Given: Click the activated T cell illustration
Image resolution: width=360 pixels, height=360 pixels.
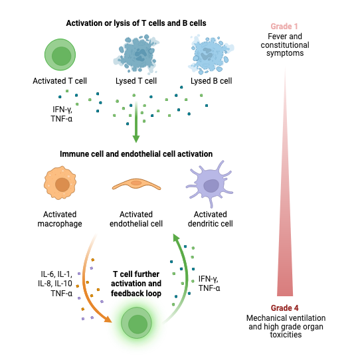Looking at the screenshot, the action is (x=60, y=54).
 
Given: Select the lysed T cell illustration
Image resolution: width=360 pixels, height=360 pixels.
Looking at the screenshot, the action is (x=136, y=54).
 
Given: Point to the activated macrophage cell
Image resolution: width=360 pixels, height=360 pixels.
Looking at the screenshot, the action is (x=60, y=183).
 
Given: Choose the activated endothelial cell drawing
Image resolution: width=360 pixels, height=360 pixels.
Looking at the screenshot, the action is (x=136, y=184).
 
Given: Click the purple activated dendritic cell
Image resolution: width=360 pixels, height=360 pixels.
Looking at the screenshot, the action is (x=210, y=184).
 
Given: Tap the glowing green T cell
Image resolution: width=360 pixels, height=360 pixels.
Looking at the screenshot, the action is (x=136, y=323).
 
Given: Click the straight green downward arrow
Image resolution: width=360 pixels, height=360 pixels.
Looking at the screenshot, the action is (x=136, y=122).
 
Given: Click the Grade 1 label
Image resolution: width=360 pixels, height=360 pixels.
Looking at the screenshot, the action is (x=284, y=27).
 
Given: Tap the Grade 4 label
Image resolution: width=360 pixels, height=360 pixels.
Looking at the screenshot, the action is (x=285, y=308).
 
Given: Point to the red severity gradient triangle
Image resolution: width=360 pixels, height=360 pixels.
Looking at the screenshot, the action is (x=285, y=207).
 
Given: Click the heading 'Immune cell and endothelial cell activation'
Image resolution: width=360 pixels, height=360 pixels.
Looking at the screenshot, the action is (x=136, y=154).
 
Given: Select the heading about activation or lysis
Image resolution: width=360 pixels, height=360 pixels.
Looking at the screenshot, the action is (x=136, y=23).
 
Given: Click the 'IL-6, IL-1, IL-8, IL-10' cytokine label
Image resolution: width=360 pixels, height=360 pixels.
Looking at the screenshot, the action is (x=55, y=279).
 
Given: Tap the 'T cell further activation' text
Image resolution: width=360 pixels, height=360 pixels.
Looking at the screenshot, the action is (x=136, y=279).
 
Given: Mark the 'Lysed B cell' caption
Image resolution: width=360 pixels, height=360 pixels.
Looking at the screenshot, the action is (x=211, y=81).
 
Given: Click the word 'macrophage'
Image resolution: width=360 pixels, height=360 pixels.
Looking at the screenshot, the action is (x=60, y=224).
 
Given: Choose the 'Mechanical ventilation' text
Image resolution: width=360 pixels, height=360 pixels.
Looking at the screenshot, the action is (x=286, y=318).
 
